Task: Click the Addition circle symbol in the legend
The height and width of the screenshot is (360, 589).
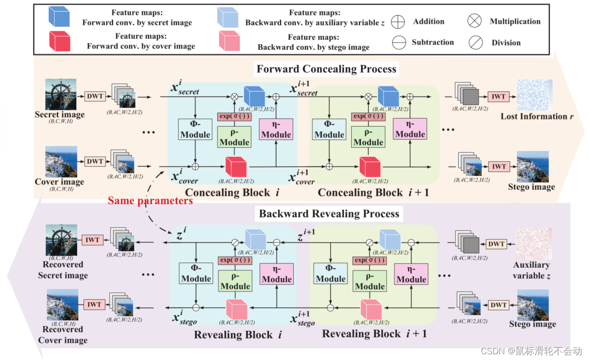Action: pos(398,22)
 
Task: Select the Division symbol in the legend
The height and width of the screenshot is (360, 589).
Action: pos(475,43)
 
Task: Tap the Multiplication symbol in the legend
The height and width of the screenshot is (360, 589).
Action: pos(474,21)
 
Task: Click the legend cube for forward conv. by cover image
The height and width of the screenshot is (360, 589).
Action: pos(59,41)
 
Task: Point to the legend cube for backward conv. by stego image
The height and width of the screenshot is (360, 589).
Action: pos(228,41)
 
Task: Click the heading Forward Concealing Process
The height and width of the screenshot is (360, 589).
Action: pos(326,69)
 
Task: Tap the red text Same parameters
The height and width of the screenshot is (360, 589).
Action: pos(150,200)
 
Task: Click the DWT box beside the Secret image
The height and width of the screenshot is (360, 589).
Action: pos(95,97)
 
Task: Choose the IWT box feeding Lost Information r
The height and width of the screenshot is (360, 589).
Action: pos(499,96)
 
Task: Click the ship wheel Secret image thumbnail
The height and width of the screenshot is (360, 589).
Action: pos(61,94)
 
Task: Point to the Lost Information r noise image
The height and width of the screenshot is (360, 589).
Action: pos(534,95)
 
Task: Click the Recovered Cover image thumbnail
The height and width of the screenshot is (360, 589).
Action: pos(62,305)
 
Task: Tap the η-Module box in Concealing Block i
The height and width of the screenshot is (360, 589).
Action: pos(276,130)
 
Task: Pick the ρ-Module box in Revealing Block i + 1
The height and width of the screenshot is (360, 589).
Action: pos(369,281)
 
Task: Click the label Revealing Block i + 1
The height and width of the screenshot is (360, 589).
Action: pos(374,333)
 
